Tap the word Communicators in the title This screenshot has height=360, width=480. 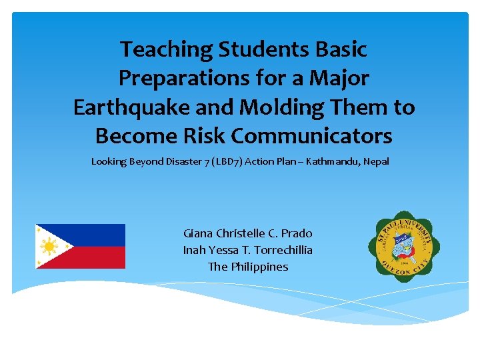click(x=311, y=136)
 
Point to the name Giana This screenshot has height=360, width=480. click(x=197, y=233)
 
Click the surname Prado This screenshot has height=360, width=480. click(x=297, y=233)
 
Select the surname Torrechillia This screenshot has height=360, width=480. click(x=281, y=250)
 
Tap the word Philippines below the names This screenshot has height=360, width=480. click(x=259, y=267)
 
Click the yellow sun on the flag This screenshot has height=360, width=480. click(x=49, y=247)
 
